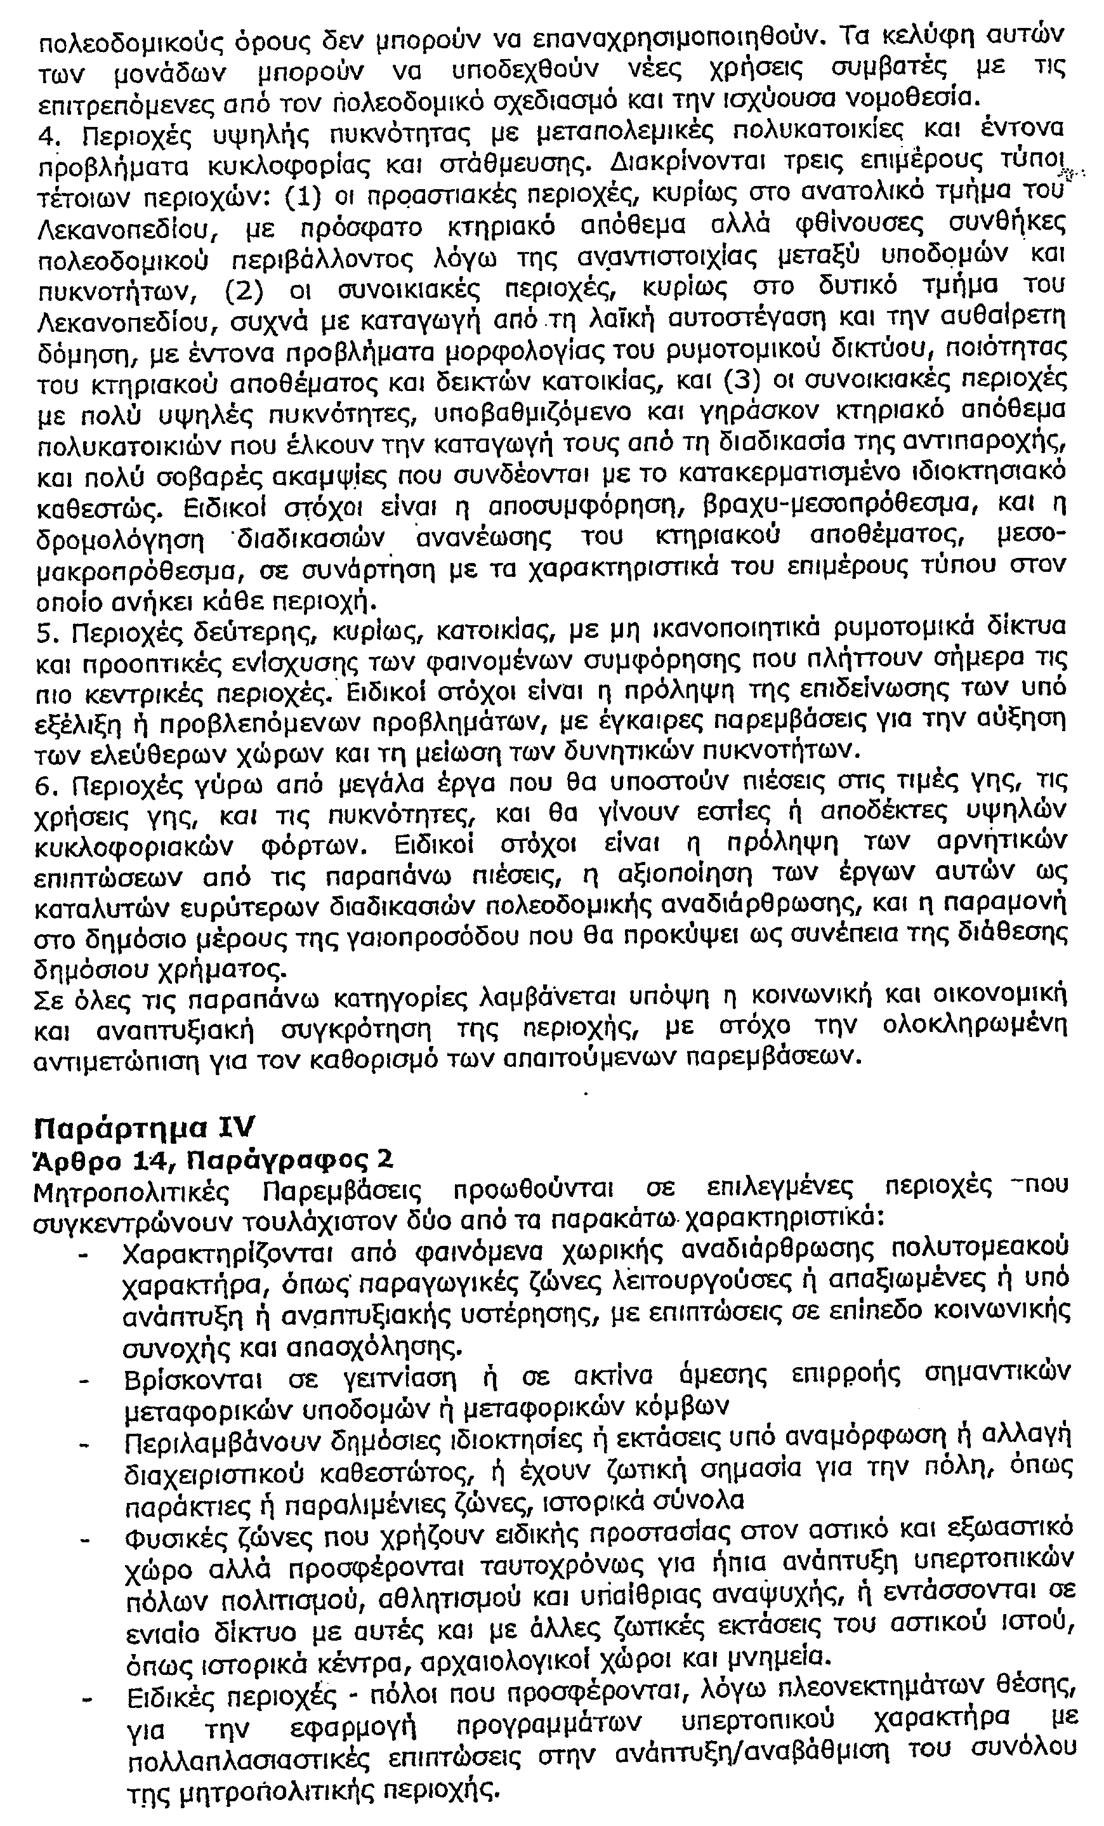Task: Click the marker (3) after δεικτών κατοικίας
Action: [x=749, y=382]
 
